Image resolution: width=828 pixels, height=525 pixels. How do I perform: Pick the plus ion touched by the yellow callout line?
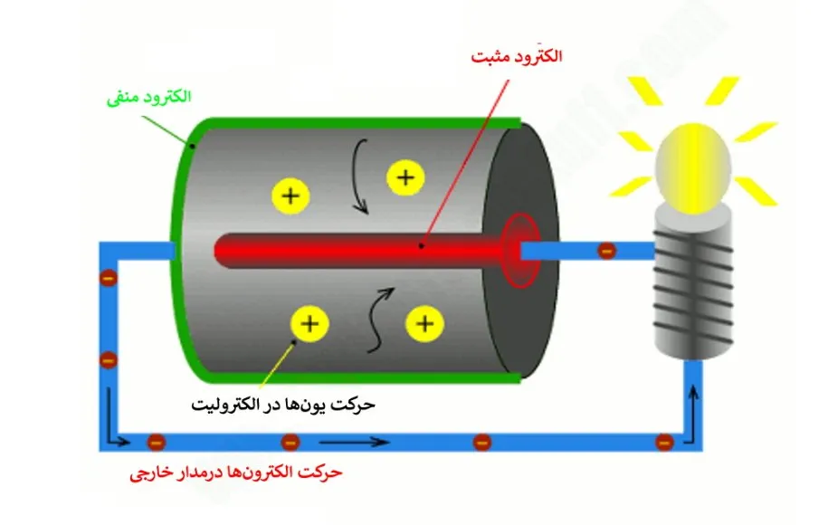point(309,322)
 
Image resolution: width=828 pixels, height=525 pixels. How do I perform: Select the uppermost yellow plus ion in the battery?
point(405,177)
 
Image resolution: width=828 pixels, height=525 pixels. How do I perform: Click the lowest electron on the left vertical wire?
point(109,360)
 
